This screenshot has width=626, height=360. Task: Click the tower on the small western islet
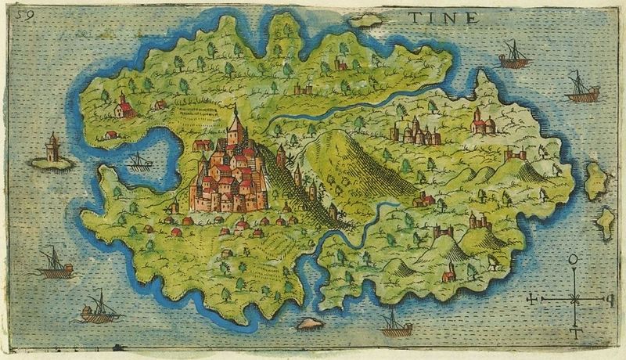click(52, 148)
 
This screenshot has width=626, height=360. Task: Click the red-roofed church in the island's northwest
click(123, 106)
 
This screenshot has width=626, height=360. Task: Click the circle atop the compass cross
click(574, 259)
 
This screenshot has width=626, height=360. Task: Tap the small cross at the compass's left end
click(534, 299)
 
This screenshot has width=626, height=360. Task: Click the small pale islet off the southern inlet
click(310, 323)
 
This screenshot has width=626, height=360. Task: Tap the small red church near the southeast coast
click(448, 274)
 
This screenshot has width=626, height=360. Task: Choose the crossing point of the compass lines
click(575, 299)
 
